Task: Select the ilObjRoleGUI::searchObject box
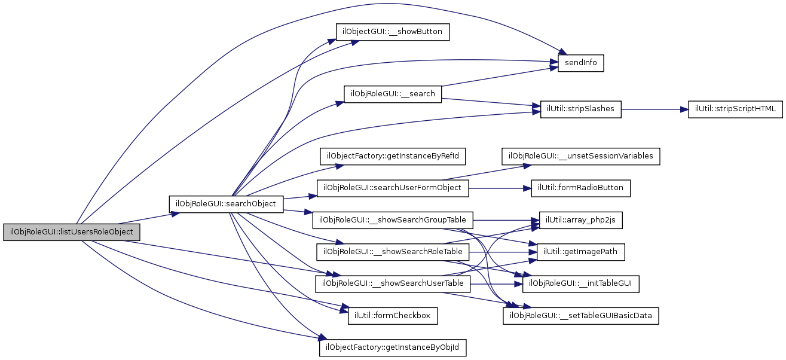(225, 203)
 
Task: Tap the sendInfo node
(581, 63)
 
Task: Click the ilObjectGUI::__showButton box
(392, 32)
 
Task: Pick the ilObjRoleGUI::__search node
(393, 94)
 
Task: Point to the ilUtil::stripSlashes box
(581, 109)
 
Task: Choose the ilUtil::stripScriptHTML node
(735, 109)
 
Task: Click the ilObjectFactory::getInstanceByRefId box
(393, 157)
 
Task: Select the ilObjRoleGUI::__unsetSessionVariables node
(581, 157)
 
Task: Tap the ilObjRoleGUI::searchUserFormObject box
(393, 188)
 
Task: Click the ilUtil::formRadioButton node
(581, 188)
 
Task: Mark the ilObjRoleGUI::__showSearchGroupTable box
(393, 219)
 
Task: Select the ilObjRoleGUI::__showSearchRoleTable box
(393, 251)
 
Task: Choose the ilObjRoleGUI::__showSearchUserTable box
(393, 282)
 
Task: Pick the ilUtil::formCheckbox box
(393, 315)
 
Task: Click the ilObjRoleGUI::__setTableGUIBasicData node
(581, 315)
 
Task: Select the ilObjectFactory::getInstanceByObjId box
(393, 347)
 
